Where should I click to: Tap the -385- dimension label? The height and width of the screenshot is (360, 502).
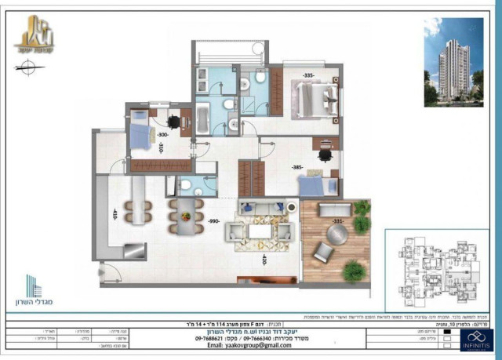pyautogui.click(x=297, y=168)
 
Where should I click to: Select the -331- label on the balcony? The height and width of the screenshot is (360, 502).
pyautogui.click(x=336, y=222)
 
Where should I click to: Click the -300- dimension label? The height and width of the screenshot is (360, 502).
pyautogui.click(x=162, y=134)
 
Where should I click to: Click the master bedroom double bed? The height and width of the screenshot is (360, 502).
pyautogui.click(x=316, y=99)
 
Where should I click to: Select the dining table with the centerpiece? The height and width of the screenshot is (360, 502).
pyautogui.click(x=184, y=216)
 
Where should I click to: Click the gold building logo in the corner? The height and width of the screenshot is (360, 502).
pyautogui.click(x=35, y=35)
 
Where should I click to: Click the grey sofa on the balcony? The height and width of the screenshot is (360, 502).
pyautogui.click(x=336, y=210)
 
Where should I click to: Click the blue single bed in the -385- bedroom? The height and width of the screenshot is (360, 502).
pyautogui.click(x=318, y=187)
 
